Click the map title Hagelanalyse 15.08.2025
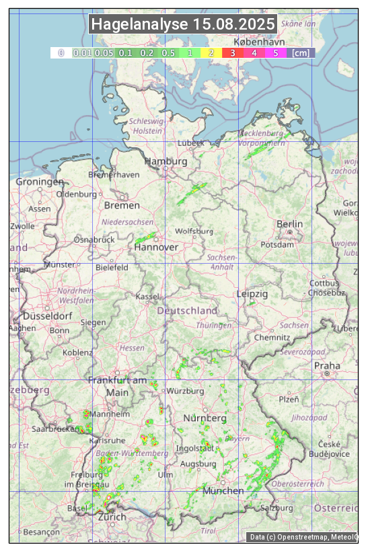click(x=183, y=25)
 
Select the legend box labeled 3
click(x=232, y=52)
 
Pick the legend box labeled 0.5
click(x=168, y=52)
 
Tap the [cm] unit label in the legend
click(x=301, y=52)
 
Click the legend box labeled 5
click(x=275, y=52)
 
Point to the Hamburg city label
click(x=166, y=161)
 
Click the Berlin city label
click(x=289, y=223)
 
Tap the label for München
click(x=223, y=490)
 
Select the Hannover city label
click(x=156, y=247)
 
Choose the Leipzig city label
click(x=252, y=294)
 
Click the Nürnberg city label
click(x=205, y=418)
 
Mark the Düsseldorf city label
click(x=47, y=316)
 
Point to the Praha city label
click(x=327, y=365)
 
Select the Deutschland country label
click(x=187, y=310)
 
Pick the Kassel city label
click(x=147, y=296)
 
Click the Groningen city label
click(x=40, y=182)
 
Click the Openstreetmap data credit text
click(x=303, y=537)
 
